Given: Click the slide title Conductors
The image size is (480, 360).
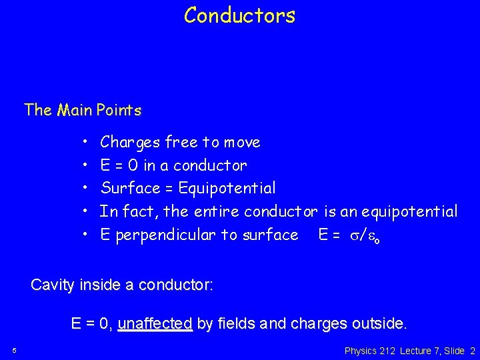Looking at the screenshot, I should [x=239, y=15].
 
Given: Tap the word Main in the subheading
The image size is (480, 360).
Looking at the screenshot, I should [x=75, y=110].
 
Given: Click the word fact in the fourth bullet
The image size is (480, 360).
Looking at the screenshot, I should [x=142, y=212].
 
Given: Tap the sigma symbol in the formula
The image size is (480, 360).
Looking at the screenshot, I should [x=351, y=235].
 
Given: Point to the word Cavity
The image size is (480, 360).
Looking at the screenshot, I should [x=53, y=285].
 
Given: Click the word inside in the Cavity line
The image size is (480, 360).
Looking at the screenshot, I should [x=101, y=285].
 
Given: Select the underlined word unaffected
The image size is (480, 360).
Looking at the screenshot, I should [x=155, y=325].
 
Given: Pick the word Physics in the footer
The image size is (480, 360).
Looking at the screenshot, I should [x=361, y=350].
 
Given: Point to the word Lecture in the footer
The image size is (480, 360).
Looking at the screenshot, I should [x=415, y=350].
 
